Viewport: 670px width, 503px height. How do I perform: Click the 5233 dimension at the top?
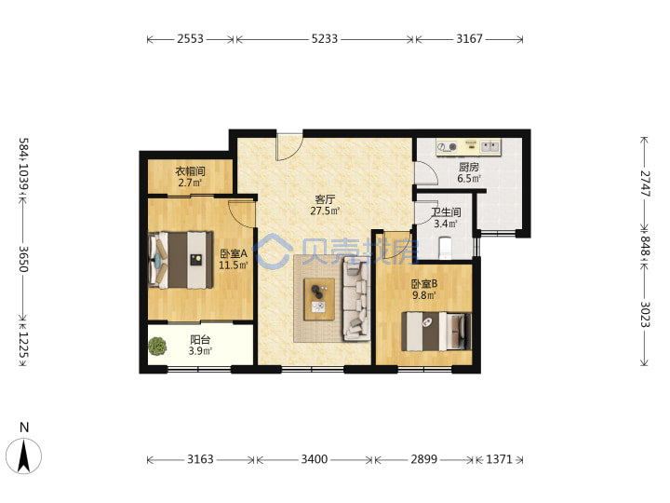click(x=325, y=39)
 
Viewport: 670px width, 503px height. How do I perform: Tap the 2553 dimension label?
click(x=190, y=39)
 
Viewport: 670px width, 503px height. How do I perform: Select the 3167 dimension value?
click(x=469, y=39)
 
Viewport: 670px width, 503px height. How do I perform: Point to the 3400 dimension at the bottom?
click(x=315, y=459)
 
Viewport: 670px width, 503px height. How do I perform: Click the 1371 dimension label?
click(x=499, y=459)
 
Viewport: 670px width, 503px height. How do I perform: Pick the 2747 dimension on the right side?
click(x=645, y=184)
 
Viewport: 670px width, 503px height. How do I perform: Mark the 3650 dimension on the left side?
click(x=23, y=259)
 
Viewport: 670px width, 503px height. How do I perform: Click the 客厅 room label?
click(x=325, y=199)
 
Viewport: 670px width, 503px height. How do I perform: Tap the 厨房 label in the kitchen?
click(x=469, y=167)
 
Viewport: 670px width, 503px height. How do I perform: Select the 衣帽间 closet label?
click(x=190, y=171)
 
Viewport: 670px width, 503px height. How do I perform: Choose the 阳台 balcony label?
click(x=200, y=340)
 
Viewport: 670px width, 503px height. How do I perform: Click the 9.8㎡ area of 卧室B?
click(x=424, y=295)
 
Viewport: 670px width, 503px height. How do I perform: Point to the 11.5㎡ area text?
click(x=234, y=265)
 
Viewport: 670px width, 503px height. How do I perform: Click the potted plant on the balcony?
click(x=157, y=346)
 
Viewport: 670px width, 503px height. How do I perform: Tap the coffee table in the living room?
click(x=319, y=299)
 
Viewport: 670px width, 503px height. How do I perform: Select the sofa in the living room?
click(x=356, y=301)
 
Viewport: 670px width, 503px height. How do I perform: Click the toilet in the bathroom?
click(x=445, y=249)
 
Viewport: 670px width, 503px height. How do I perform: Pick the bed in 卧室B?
click(x=436, y=332)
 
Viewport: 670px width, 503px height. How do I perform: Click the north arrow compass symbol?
click(x=24, y=455)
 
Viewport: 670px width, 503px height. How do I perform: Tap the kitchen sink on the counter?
click(x=490, y=147)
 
